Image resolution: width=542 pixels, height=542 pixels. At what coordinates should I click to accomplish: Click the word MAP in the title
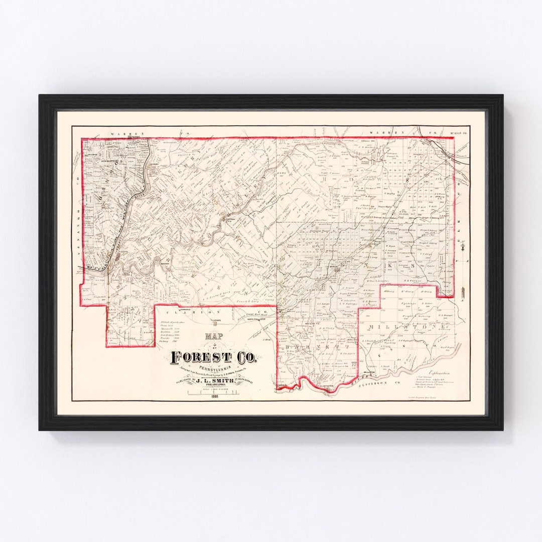213,338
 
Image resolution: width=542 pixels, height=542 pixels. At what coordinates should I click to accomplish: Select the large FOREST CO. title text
214,357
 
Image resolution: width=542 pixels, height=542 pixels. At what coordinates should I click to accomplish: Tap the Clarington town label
329,387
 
